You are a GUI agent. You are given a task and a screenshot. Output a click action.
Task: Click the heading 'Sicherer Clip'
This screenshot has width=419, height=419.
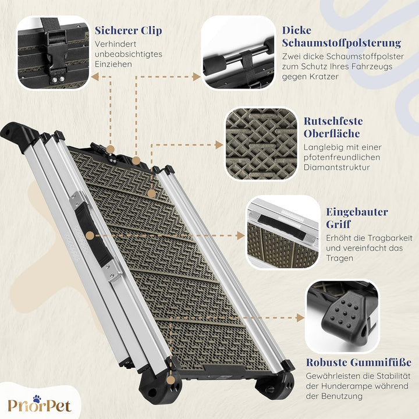(128, 30)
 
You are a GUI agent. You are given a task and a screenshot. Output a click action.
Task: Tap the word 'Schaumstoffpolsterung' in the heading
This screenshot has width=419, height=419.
(342, 42)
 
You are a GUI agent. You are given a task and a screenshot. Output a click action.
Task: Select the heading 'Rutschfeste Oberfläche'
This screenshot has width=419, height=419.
(333, 127)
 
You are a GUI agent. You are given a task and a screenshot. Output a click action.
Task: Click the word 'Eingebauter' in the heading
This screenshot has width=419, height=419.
(357, 212)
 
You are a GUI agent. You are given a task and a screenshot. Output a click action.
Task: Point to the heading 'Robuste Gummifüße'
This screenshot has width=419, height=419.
(358, 363)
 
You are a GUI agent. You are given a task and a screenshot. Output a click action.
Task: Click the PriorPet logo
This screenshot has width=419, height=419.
(40, 404)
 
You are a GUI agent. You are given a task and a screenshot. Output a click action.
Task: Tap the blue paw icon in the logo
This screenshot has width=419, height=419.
(37, 399)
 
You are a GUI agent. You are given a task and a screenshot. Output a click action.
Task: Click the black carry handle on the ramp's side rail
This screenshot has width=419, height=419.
(93, 235)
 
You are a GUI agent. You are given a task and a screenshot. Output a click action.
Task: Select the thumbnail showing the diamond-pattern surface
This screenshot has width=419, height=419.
(261, 144)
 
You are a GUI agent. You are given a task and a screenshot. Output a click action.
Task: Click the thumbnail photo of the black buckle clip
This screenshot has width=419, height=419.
(53, 52)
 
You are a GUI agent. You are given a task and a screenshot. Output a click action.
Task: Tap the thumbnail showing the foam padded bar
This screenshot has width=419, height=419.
(239, 52)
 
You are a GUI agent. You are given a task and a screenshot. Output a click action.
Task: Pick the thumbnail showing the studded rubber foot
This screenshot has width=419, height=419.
(342, 317)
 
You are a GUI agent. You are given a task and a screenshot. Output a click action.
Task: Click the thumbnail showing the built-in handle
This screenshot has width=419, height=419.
(283, 232)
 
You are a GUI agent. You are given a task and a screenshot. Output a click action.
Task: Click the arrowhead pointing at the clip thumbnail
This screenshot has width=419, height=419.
(95, 77)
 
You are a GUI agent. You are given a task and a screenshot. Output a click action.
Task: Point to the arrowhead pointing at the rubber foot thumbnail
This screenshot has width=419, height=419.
(300, 318)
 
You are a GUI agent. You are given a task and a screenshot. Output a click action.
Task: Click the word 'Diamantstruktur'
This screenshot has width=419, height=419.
(337, 167)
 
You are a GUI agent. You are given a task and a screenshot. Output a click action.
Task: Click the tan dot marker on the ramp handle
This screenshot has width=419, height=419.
(90, 236)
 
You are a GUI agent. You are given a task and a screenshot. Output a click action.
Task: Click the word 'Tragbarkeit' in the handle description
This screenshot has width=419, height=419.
(390, 238)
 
